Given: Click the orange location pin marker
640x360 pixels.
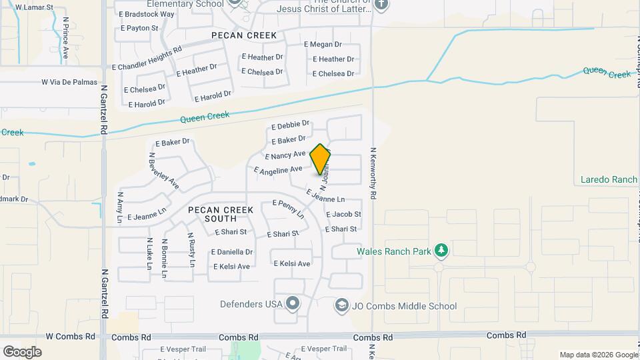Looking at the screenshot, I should tap(320, 159).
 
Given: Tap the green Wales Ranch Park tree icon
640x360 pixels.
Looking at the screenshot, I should tap(441, 251).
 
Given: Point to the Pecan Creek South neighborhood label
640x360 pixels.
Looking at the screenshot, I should tap(221, 214).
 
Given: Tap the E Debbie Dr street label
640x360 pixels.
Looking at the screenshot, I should tap(291, 125).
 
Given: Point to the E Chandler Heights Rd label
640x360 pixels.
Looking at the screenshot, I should tap(147, 59).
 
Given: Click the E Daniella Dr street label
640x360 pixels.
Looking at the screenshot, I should tap(232, 252).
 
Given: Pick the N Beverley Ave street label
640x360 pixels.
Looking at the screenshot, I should tap(163, 170).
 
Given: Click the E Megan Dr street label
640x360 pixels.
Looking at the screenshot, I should tap(323, 44).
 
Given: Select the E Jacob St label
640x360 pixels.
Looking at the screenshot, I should tap(343, 214).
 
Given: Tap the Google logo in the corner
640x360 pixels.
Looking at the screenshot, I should tap(23, 351).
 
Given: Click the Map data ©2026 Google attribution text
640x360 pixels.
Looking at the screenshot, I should tap(597, 355).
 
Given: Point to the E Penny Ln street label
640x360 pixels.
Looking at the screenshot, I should tap(288, 208).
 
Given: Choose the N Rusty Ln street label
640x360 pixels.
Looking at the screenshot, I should tap(191, 249).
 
